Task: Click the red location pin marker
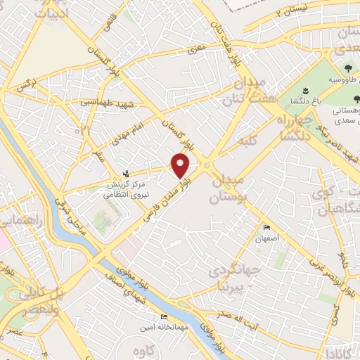[x=181, y=165]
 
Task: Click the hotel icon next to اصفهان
[x=266, y=228]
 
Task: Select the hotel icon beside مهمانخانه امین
[x=164, y=317]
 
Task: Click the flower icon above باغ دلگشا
[x=305, y=91]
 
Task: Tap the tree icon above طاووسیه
[x=348, y=69]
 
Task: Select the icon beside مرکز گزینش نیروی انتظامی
[x=126, y=173]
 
